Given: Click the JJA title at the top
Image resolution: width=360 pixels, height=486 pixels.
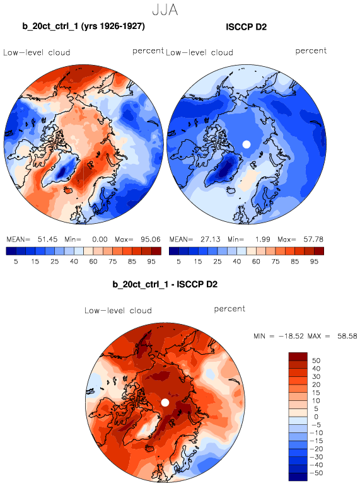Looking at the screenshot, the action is pos(165,10).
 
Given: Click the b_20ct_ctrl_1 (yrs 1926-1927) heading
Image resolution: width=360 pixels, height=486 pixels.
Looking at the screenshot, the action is pos(83,26).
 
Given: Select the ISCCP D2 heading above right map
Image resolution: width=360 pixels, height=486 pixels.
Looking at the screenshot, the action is pos(247,27).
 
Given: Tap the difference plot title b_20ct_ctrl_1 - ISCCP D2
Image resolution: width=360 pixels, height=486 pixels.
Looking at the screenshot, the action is pos(165,284).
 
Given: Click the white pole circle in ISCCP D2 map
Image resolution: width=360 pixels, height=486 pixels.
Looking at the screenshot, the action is pos(247,144).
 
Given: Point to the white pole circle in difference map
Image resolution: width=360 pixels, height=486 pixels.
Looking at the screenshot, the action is pos(165,403).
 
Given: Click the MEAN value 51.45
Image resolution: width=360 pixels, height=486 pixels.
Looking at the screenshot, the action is pos(47,240).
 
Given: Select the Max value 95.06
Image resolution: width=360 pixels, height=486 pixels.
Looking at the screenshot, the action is pos(151,240).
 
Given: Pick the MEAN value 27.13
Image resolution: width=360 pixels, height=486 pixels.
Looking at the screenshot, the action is pos(210,240).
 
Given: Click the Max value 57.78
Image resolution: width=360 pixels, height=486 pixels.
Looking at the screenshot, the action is pos(313,240).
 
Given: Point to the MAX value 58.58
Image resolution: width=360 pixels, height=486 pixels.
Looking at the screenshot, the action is pos(347,336).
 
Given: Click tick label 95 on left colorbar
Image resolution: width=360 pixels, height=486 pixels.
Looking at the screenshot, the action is pos(151,262).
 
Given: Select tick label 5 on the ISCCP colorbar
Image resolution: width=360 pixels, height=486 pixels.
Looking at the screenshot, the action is pos(178,262).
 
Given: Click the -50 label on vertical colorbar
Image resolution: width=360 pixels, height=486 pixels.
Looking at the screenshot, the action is pos(316,473).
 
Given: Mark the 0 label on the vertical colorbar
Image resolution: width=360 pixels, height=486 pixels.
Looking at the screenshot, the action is pos(316,417).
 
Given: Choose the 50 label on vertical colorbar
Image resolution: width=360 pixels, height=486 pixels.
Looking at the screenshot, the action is pos(316,361).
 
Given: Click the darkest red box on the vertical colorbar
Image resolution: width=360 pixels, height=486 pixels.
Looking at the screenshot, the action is pos(298,356).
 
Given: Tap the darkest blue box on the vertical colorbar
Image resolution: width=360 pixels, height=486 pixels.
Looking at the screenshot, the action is pos(298,477).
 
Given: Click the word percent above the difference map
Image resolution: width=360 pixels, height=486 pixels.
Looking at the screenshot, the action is pos(229,309).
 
